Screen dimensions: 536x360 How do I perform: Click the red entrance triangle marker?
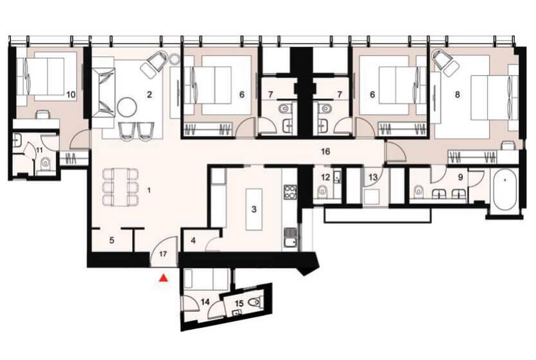[164, 278]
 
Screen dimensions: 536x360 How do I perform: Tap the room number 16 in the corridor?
[325, 151]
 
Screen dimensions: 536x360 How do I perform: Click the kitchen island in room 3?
[254, 209]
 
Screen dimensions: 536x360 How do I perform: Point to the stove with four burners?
[290, 192]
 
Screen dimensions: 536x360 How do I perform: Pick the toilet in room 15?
[255, 302]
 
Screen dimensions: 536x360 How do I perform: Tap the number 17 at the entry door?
[163, 254]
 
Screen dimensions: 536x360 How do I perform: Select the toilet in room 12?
[323, 191]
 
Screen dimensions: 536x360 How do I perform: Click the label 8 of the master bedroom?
[458, 94]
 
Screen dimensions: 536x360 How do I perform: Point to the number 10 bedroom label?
[71, 94]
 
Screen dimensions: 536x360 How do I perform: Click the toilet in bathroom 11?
[46, 165]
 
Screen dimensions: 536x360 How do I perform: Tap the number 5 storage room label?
[112, 241]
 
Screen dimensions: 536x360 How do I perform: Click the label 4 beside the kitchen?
[193, 241]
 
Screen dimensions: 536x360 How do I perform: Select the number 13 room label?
[373, 176]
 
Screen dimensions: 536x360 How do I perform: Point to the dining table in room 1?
[120, 187]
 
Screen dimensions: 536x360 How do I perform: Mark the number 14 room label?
[205, 302]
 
